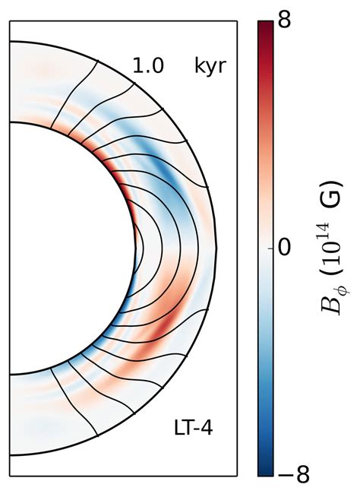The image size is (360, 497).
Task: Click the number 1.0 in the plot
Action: [x=147, y=66]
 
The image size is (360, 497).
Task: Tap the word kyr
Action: [x=210, y=66]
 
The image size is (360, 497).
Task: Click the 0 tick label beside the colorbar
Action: [x=283, y=248]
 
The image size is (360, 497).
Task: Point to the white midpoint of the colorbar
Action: [x=265, y=248]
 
